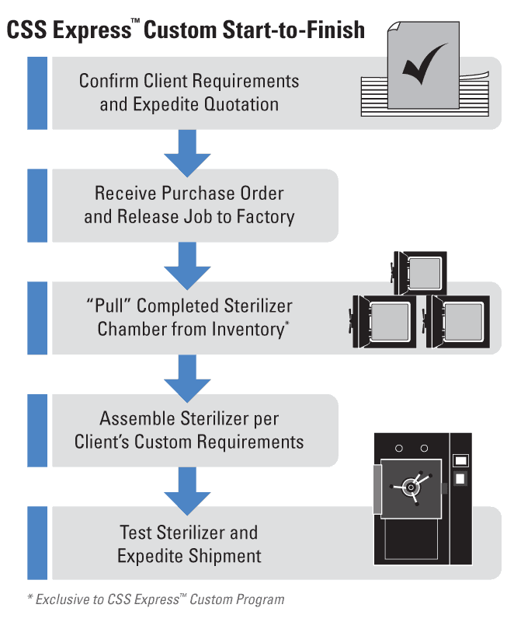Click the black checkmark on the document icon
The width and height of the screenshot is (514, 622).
423,65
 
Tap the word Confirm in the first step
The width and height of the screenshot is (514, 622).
109,81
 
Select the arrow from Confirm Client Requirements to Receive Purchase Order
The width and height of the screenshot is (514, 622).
187,152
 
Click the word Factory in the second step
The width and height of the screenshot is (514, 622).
266,217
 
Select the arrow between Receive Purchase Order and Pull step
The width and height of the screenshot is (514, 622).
187,265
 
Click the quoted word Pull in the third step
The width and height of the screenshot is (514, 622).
109,306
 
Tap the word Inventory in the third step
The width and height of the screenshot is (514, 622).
248,329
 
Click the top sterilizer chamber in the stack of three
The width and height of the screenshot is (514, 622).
419,274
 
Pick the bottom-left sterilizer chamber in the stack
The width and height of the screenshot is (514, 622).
383,322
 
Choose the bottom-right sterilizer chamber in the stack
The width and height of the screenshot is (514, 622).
457,322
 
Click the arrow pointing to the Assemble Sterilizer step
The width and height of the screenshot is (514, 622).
187,378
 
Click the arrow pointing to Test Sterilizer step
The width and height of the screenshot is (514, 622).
187,491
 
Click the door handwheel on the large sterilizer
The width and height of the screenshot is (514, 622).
412,487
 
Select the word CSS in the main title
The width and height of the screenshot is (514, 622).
26,30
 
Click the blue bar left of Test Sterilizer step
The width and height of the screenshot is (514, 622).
37,543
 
